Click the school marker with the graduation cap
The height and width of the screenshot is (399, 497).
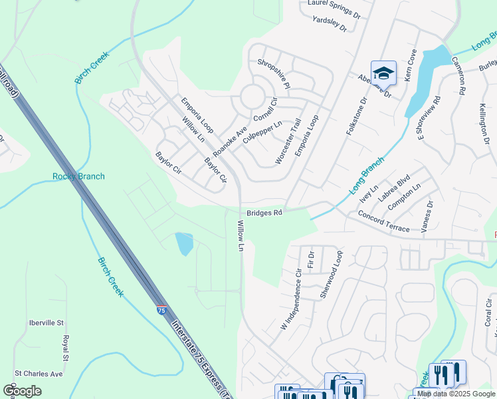tap(383, 72)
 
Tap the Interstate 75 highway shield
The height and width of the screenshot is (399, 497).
tap(162, 311)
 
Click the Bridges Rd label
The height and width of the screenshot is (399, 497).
tap(265, 213)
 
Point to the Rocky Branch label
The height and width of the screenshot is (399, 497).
tap(78, 176)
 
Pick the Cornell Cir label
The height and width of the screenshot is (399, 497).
tap(283, 102)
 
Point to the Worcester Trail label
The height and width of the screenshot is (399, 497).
tap(288, 142)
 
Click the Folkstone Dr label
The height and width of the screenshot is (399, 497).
tap(356, 118)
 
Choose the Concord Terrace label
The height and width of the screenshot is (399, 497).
tap(383, 220)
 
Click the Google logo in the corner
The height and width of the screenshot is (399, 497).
tap(22, 391)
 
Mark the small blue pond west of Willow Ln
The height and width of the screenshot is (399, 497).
tap(184, 243)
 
